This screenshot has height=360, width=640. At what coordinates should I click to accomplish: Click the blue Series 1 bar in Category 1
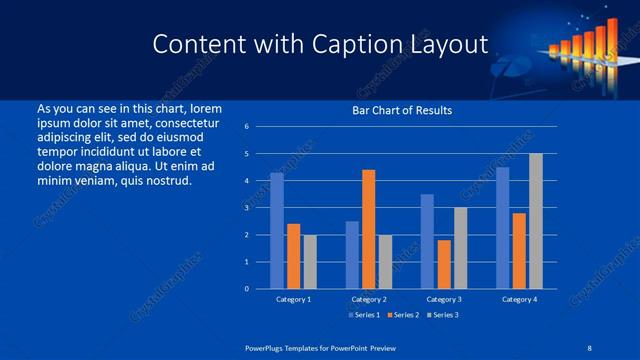[277, 231]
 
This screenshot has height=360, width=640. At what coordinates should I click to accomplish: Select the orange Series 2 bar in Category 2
[368, 229]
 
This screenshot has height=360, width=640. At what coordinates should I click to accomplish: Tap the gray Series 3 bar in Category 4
[536, 221]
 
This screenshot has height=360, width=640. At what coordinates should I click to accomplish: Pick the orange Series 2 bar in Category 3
[444, 264]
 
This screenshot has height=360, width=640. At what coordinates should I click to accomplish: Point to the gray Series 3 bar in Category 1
[310, 262]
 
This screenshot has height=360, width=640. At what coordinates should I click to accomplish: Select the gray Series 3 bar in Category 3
[460, 248]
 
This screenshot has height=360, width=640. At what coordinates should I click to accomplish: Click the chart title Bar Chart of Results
[402, 110]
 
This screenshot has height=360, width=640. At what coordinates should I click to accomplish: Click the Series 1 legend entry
[362, 315]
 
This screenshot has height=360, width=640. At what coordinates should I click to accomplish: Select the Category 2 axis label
[369, 299]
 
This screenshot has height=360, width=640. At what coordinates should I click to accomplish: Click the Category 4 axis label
[519, 299]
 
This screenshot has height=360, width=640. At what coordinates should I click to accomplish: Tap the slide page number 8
[589, 347]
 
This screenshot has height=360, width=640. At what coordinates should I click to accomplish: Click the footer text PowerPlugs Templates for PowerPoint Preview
[320, 347]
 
